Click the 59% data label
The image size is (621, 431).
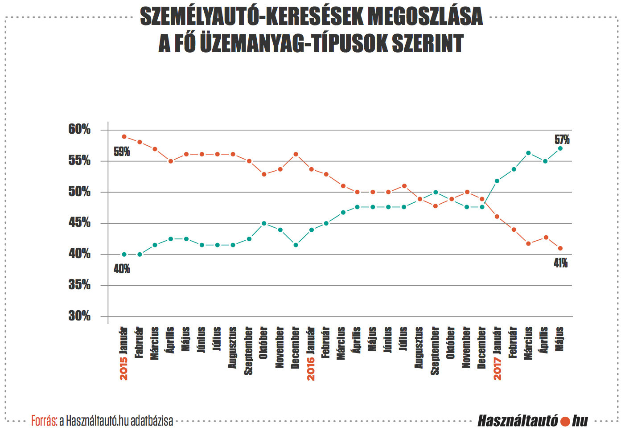(122, 152)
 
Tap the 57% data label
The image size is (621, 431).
(562, 140)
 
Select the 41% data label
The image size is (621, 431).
(560, 263)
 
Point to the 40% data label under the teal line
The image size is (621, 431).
(122, 269)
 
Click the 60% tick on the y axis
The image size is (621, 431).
(79, 130)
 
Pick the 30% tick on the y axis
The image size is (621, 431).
(79, 316)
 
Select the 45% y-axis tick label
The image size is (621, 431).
(79, 222)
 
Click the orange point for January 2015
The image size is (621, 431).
(124, 137)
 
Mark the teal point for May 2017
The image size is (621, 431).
(560, 148)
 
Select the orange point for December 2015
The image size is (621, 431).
(296, 154)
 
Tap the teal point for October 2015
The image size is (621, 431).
(264, 223)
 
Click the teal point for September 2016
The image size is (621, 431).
(436, 192)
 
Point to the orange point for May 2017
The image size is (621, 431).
(560, 248)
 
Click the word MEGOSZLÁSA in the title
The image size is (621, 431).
(425, 17)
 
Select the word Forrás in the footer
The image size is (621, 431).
(44, 420)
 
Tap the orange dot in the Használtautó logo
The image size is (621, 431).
(565, 421)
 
